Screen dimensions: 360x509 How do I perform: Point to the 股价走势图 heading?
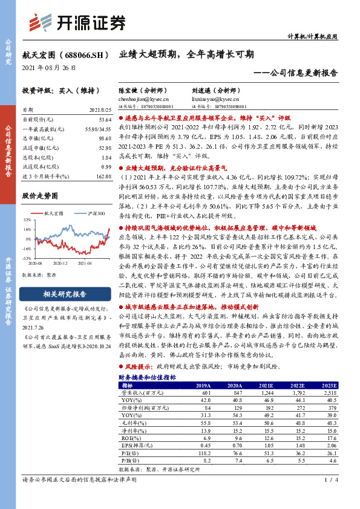tap(39, 196)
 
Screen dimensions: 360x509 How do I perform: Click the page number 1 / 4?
tap(329, 497)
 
